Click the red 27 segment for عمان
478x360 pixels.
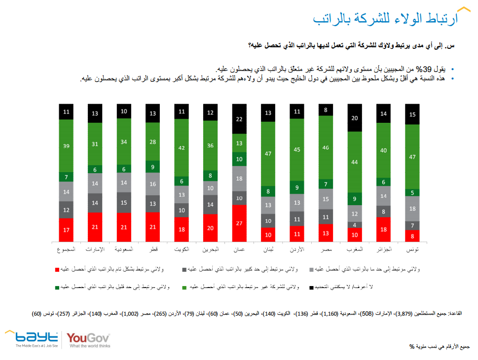pos(240,222)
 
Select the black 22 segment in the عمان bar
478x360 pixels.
pos(240,119)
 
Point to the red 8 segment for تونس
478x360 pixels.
pos(412,236)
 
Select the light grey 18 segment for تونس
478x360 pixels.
pos(412,209)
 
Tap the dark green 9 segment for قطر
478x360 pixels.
pos(153,167)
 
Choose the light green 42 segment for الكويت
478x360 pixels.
pos(182,147)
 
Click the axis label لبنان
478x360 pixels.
pos(269,250)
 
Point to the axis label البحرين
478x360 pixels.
pos(211,250)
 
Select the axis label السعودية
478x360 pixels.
pos(124,250)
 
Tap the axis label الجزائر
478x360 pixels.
pos(384,250)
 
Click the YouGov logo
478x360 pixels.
pos(88,339)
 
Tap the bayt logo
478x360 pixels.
pos(33,338)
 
